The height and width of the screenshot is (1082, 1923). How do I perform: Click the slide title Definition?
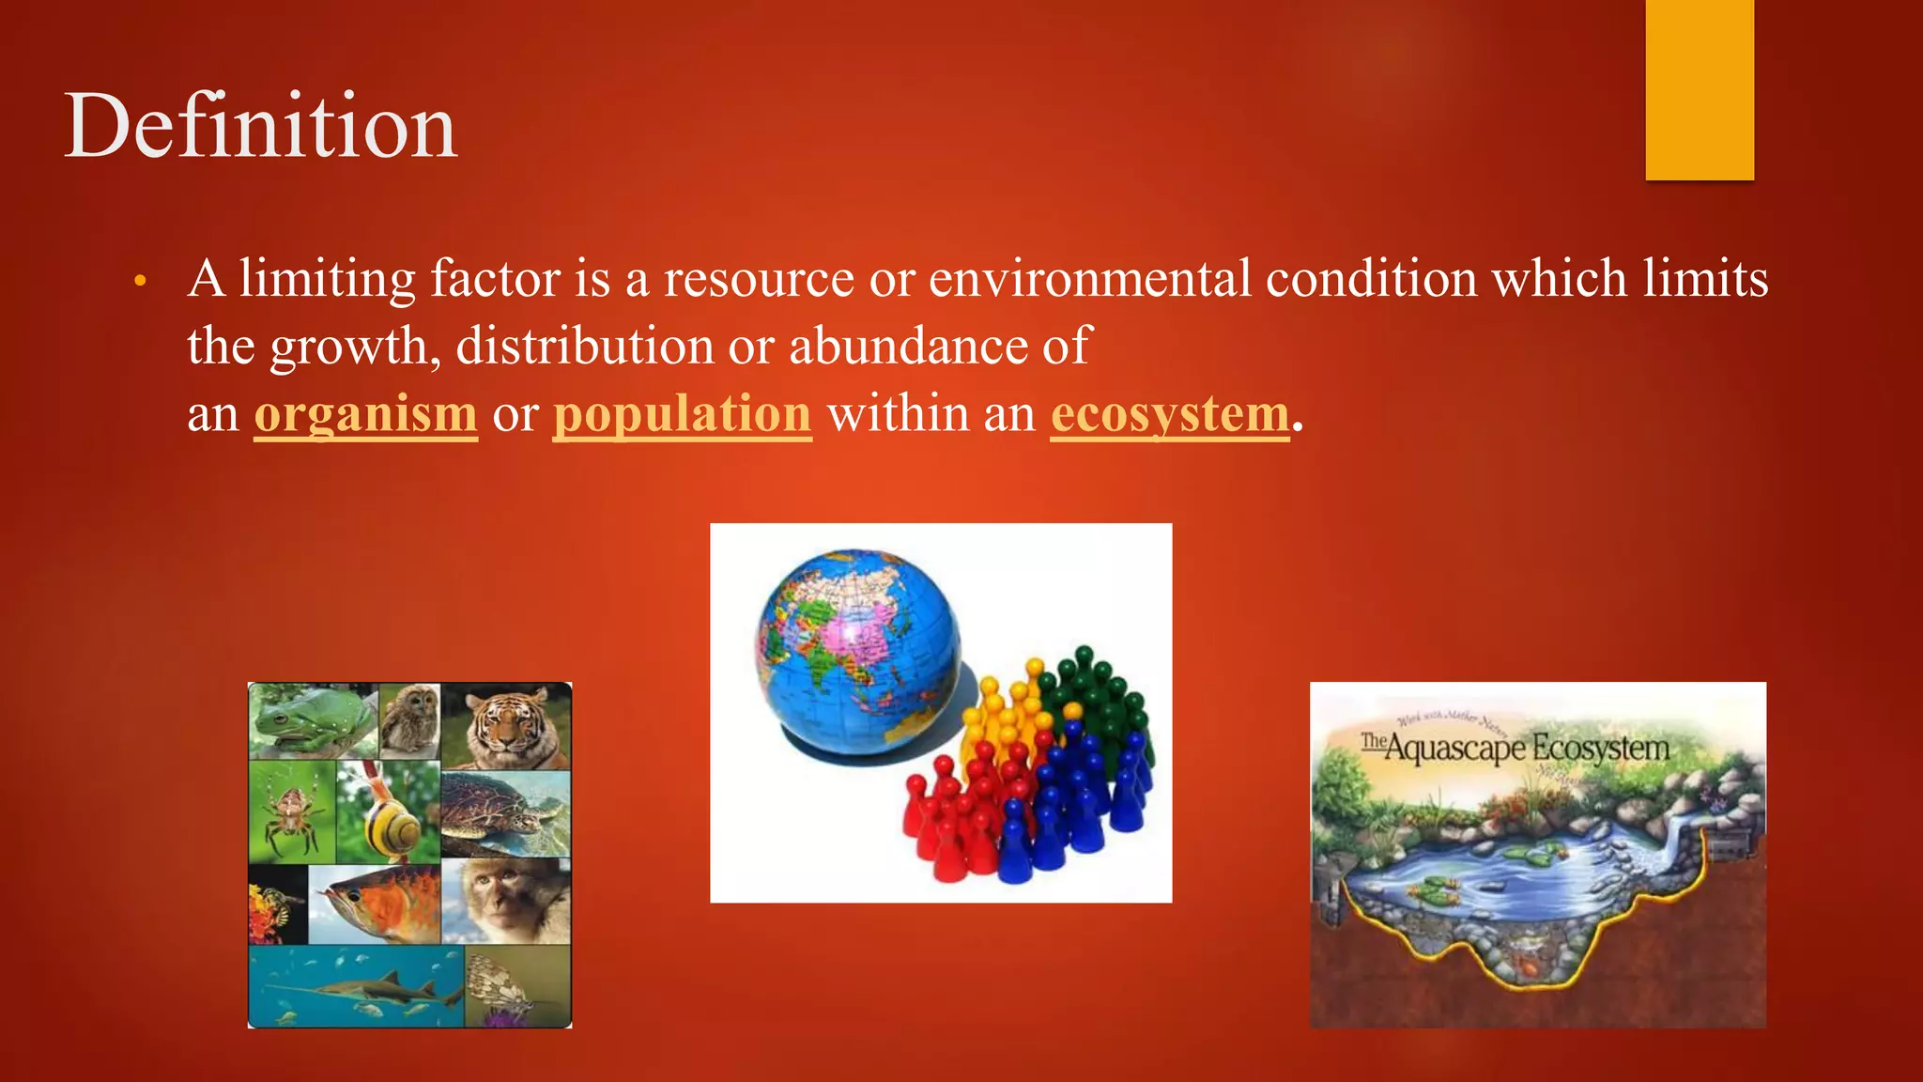260,126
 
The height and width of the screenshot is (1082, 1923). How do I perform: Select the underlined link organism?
365,414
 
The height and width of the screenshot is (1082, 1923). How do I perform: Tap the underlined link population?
682,414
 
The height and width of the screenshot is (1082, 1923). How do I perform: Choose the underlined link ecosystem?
1170,414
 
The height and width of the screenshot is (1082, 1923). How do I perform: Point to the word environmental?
1089,279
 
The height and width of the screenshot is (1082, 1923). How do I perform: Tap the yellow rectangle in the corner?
1700,89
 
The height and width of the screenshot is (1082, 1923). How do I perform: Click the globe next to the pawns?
859,653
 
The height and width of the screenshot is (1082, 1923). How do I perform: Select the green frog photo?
310,720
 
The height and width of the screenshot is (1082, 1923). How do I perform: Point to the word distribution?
584,346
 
